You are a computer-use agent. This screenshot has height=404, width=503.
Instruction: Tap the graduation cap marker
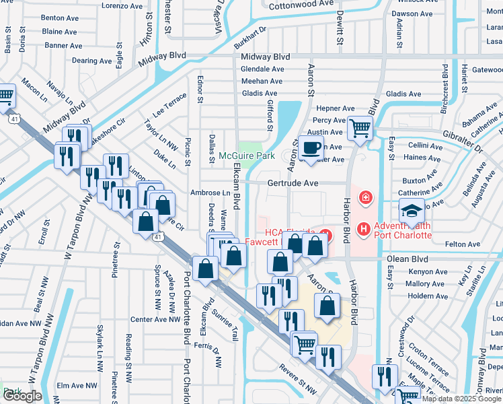coord(412,210)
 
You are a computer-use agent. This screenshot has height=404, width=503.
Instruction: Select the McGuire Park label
coord(247,156)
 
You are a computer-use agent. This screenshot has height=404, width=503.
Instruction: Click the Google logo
coord(22,396)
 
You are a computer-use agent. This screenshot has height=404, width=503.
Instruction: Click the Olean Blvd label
coord(408,258)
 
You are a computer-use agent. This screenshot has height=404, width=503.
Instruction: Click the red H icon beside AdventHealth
coord(364,230)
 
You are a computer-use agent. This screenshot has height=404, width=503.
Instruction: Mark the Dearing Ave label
coord(89,61)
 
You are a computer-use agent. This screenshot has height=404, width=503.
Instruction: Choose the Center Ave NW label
coord(155,319)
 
